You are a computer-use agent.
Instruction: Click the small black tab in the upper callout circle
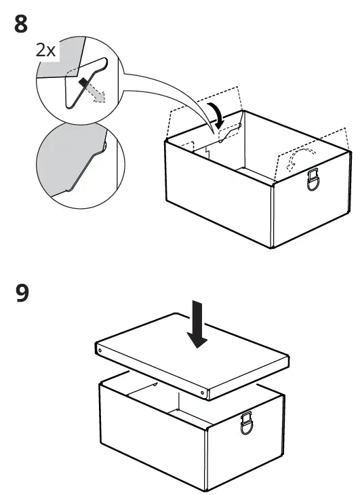83,84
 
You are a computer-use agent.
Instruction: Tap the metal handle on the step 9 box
248,424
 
